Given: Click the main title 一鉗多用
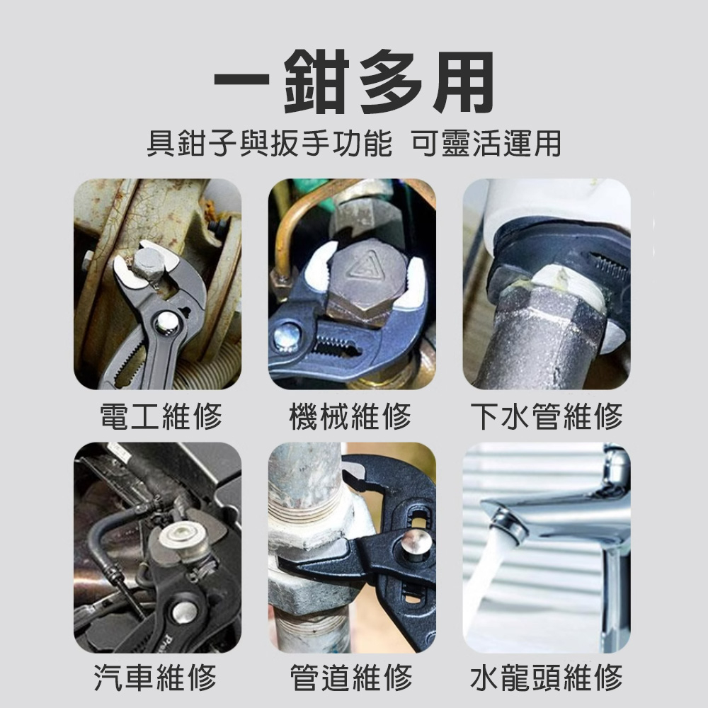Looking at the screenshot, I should point(353,84).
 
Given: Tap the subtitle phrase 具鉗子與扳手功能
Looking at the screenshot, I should point(268,144).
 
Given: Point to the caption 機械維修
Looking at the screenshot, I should point(352,416).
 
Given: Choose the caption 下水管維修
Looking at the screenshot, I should point(547,416).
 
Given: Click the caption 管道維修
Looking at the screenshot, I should point(352,678).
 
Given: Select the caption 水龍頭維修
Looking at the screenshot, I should point(547,678).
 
